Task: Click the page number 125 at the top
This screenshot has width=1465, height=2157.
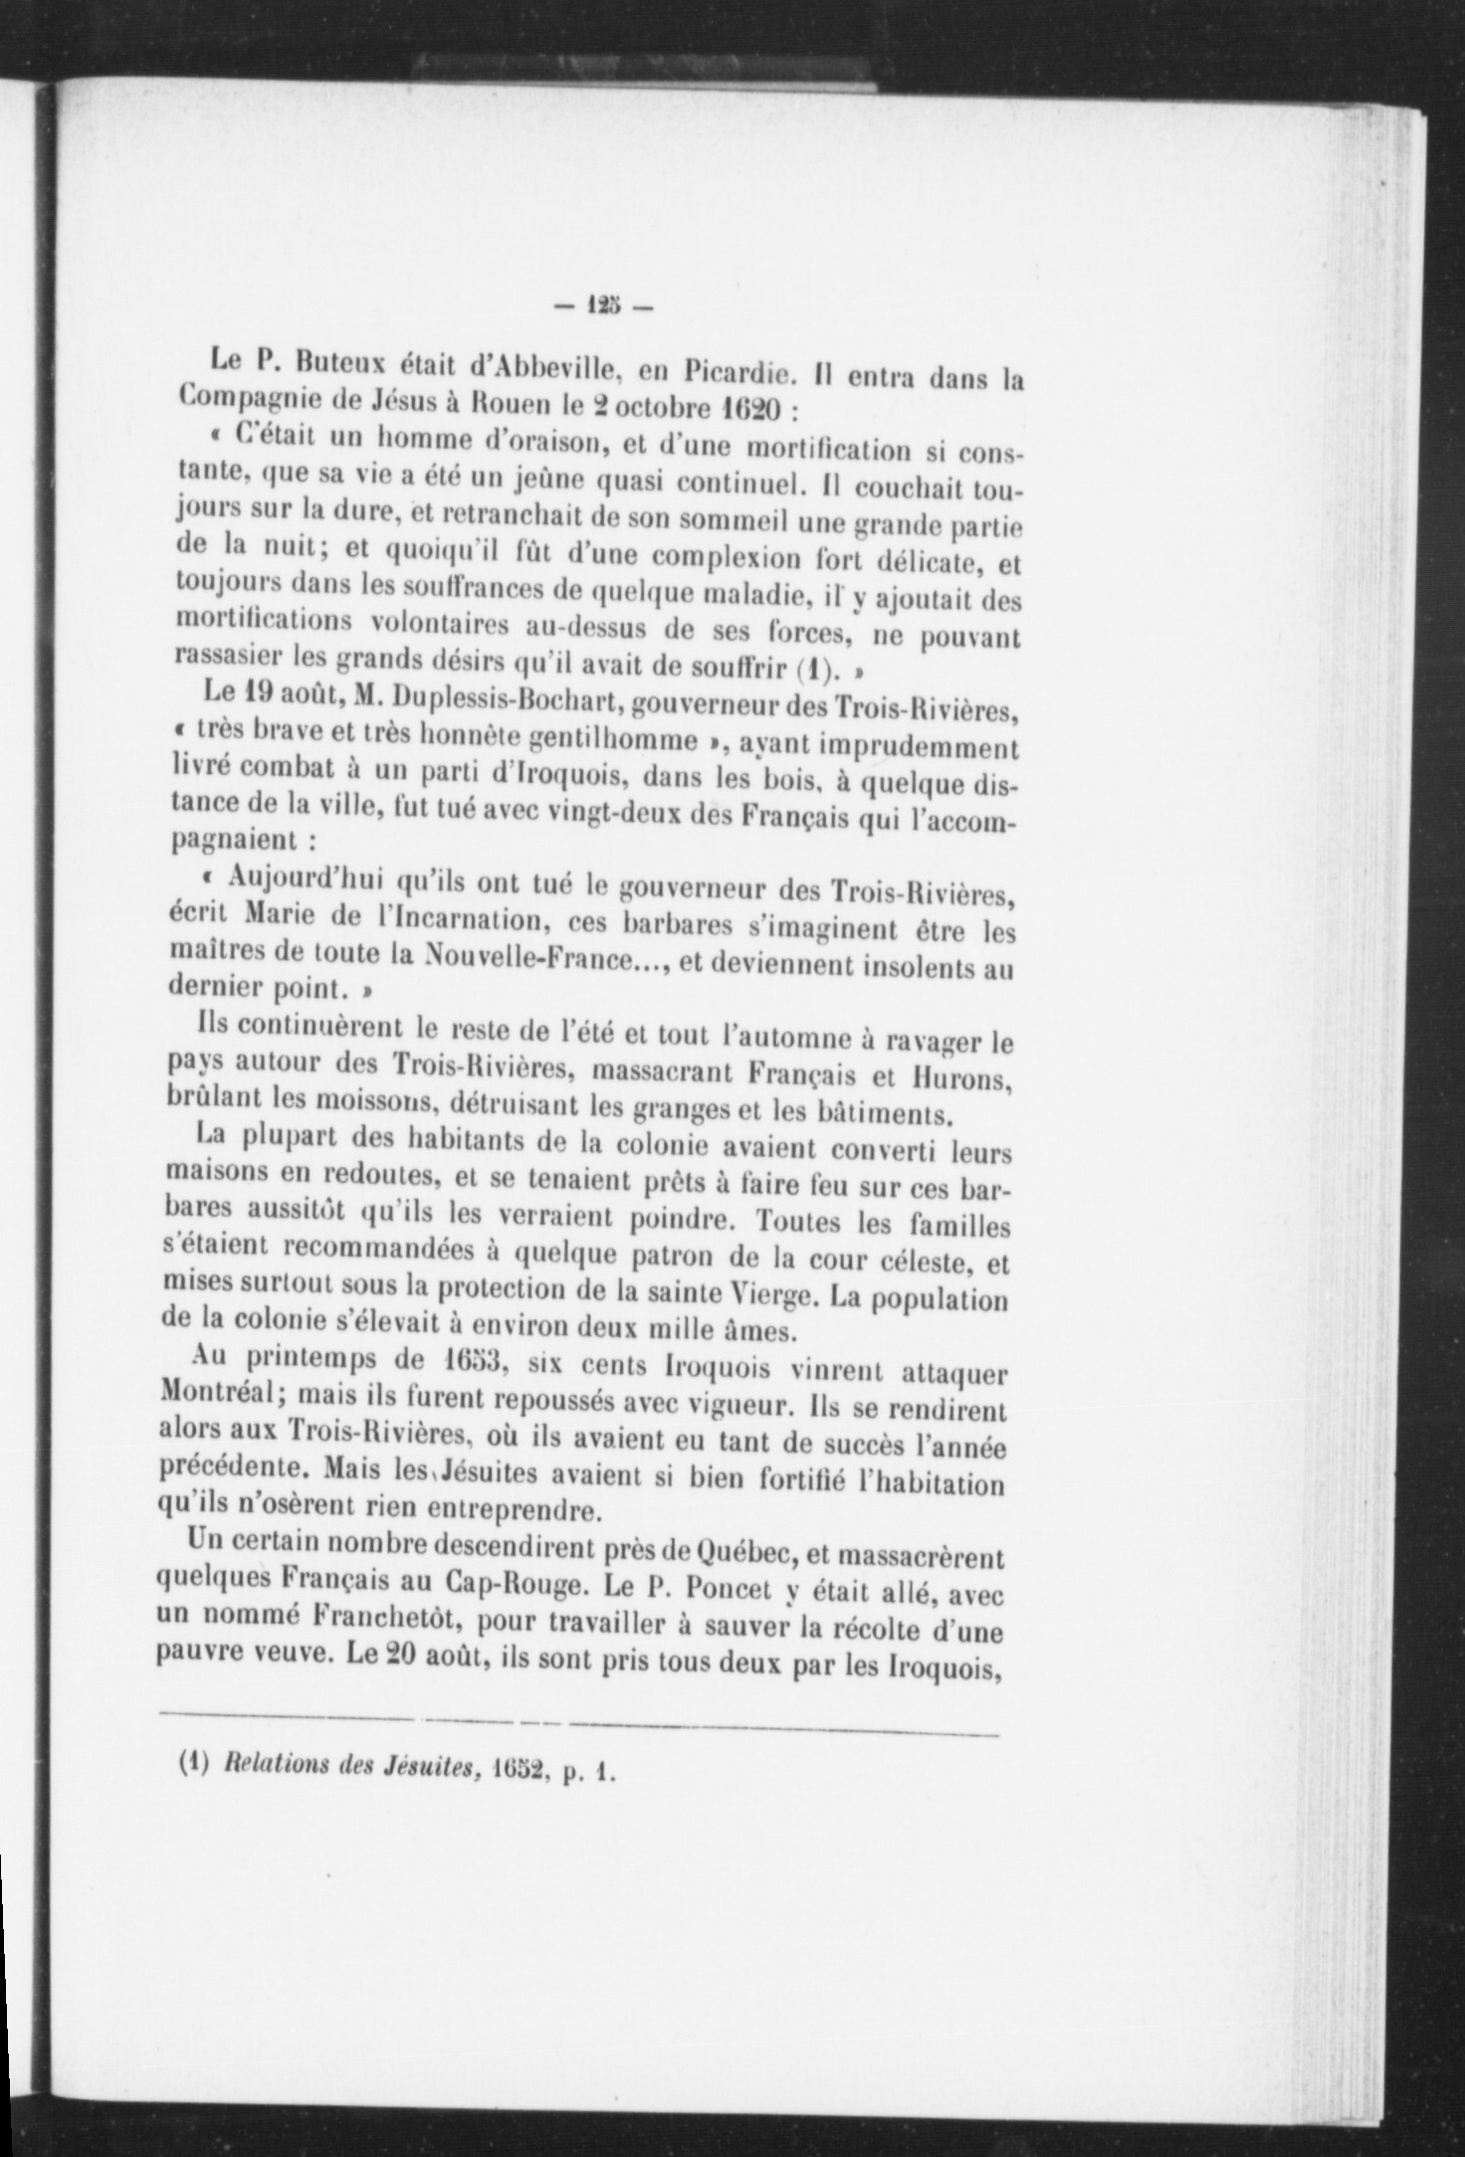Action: click(x=603, y=306)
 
